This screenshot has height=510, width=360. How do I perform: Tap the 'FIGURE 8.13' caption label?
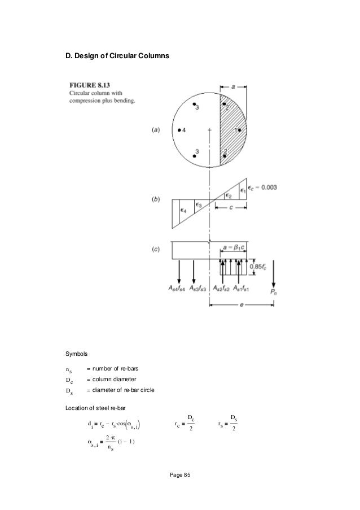(89, 85)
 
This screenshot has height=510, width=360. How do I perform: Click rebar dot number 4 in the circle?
(179, 130)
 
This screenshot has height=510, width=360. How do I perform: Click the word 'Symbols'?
(76, 355)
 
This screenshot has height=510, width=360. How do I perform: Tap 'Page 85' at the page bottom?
(180, 474)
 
